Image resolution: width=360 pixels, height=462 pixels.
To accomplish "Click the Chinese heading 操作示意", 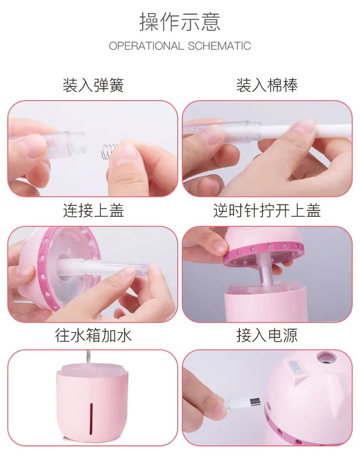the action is pyautogui.click(x=180, y=22).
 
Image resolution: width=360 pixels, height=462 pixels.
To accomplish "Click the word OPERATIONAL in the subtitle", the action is pyautogui.click(x=146, y=46).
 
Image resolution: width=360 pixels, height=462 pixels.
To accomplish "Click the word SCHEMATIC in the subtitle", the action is pyautogui.click(x=219, y=46).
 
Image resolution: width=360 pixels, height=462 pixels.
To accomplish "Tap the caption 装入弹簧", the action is pyautogui.click(x=93, y=85).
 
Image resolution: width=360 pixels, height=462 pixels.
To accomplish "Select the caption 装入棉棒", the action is pyautogui.click(x=267, y=85).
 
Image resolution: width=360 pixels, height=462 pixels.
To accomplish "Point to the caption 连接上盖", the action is pyautogui.click(x=93, y=211).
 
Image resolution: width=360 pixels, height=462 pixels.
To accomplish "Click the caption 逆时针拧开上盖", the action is pyautogui.click(x=267, y=211).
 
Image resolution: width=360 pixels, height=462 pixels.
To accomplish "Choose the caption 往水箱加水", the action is pyautogui.click(x=93, y=335).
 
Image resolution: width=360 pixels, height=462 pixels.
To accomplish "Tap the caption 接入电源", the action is pyautogui.click(x=267, y=335).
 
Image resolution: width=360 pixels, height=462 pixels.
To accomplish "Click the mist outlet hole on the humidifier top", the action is pyautogui.click(x=327, y=357).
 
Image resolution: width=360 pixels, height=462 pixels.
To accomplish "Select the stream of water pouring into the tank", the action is pyautogui.click(x=87, y=357).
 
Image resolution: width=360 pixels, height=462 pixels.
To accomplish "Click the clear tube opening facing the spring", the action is pyautogui.click(x=80, y=142).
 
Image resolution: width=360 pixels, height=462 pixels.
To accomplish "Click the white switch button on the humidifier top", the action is pyautogui.click(x=296, y=368).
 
